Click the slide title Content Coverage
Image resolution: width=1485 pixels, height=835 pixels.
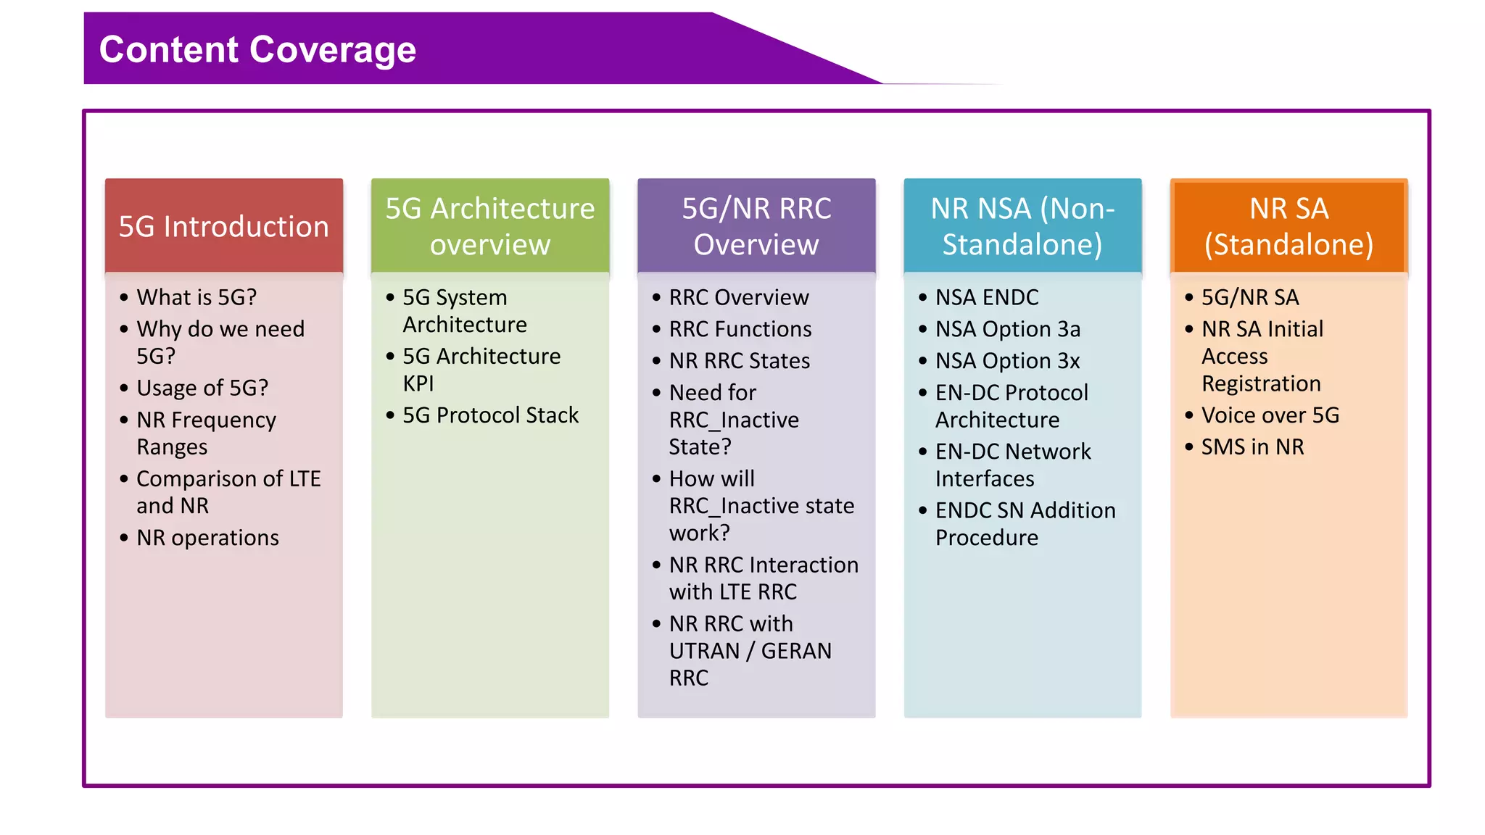(257, 49)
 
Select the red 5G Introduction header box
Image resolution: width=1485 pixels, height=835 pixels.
(223, 226)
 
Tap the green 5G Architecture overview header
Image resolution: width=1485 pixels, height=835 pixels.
(489, 226)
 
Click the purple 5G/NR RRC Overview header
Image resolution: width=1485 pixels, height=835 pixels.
(756, 226)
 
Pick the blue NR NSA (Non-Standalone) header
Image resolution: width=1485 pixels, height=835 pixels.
(1022, 226)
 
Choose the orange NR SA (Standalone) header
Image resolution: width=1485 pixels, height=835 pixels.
(1288, 226)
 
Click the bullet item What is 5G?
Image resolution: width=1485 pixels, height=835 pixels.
(197, 297)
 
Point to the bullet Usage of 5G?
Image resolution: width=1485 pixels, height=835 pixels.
(202, 388)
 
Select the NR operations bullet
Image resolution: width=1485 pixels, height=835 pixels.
(207, 538)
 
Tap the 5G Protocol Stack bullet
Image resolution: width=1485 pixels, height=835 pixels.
(490, 415)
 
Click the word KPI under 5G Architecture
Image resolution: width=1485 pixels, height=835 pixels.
(418, 383)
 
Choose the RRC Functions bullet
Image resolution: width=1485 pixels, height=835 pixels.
(740, 329)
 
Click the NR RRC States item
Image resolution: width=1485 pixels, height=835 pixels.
(739, 361)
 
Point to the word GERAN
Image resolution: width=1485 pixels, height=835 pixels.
(796, 651)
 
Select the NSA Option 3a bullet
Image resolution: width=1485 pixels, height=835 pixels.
(1007, 329)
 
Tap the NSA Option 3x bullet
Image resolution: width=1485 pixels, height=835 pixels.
(1007, 361)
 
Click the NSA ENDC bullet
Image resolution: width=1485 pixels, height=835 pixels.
(986, 297)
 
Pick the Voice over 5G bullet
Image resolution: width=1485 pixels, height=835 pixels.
(1270, 415)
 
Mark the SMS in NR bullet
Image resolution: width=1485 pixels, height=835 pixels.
(1252, 447)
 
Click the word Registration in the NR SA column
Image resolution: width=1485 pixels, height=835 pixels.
(1261, 383)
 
